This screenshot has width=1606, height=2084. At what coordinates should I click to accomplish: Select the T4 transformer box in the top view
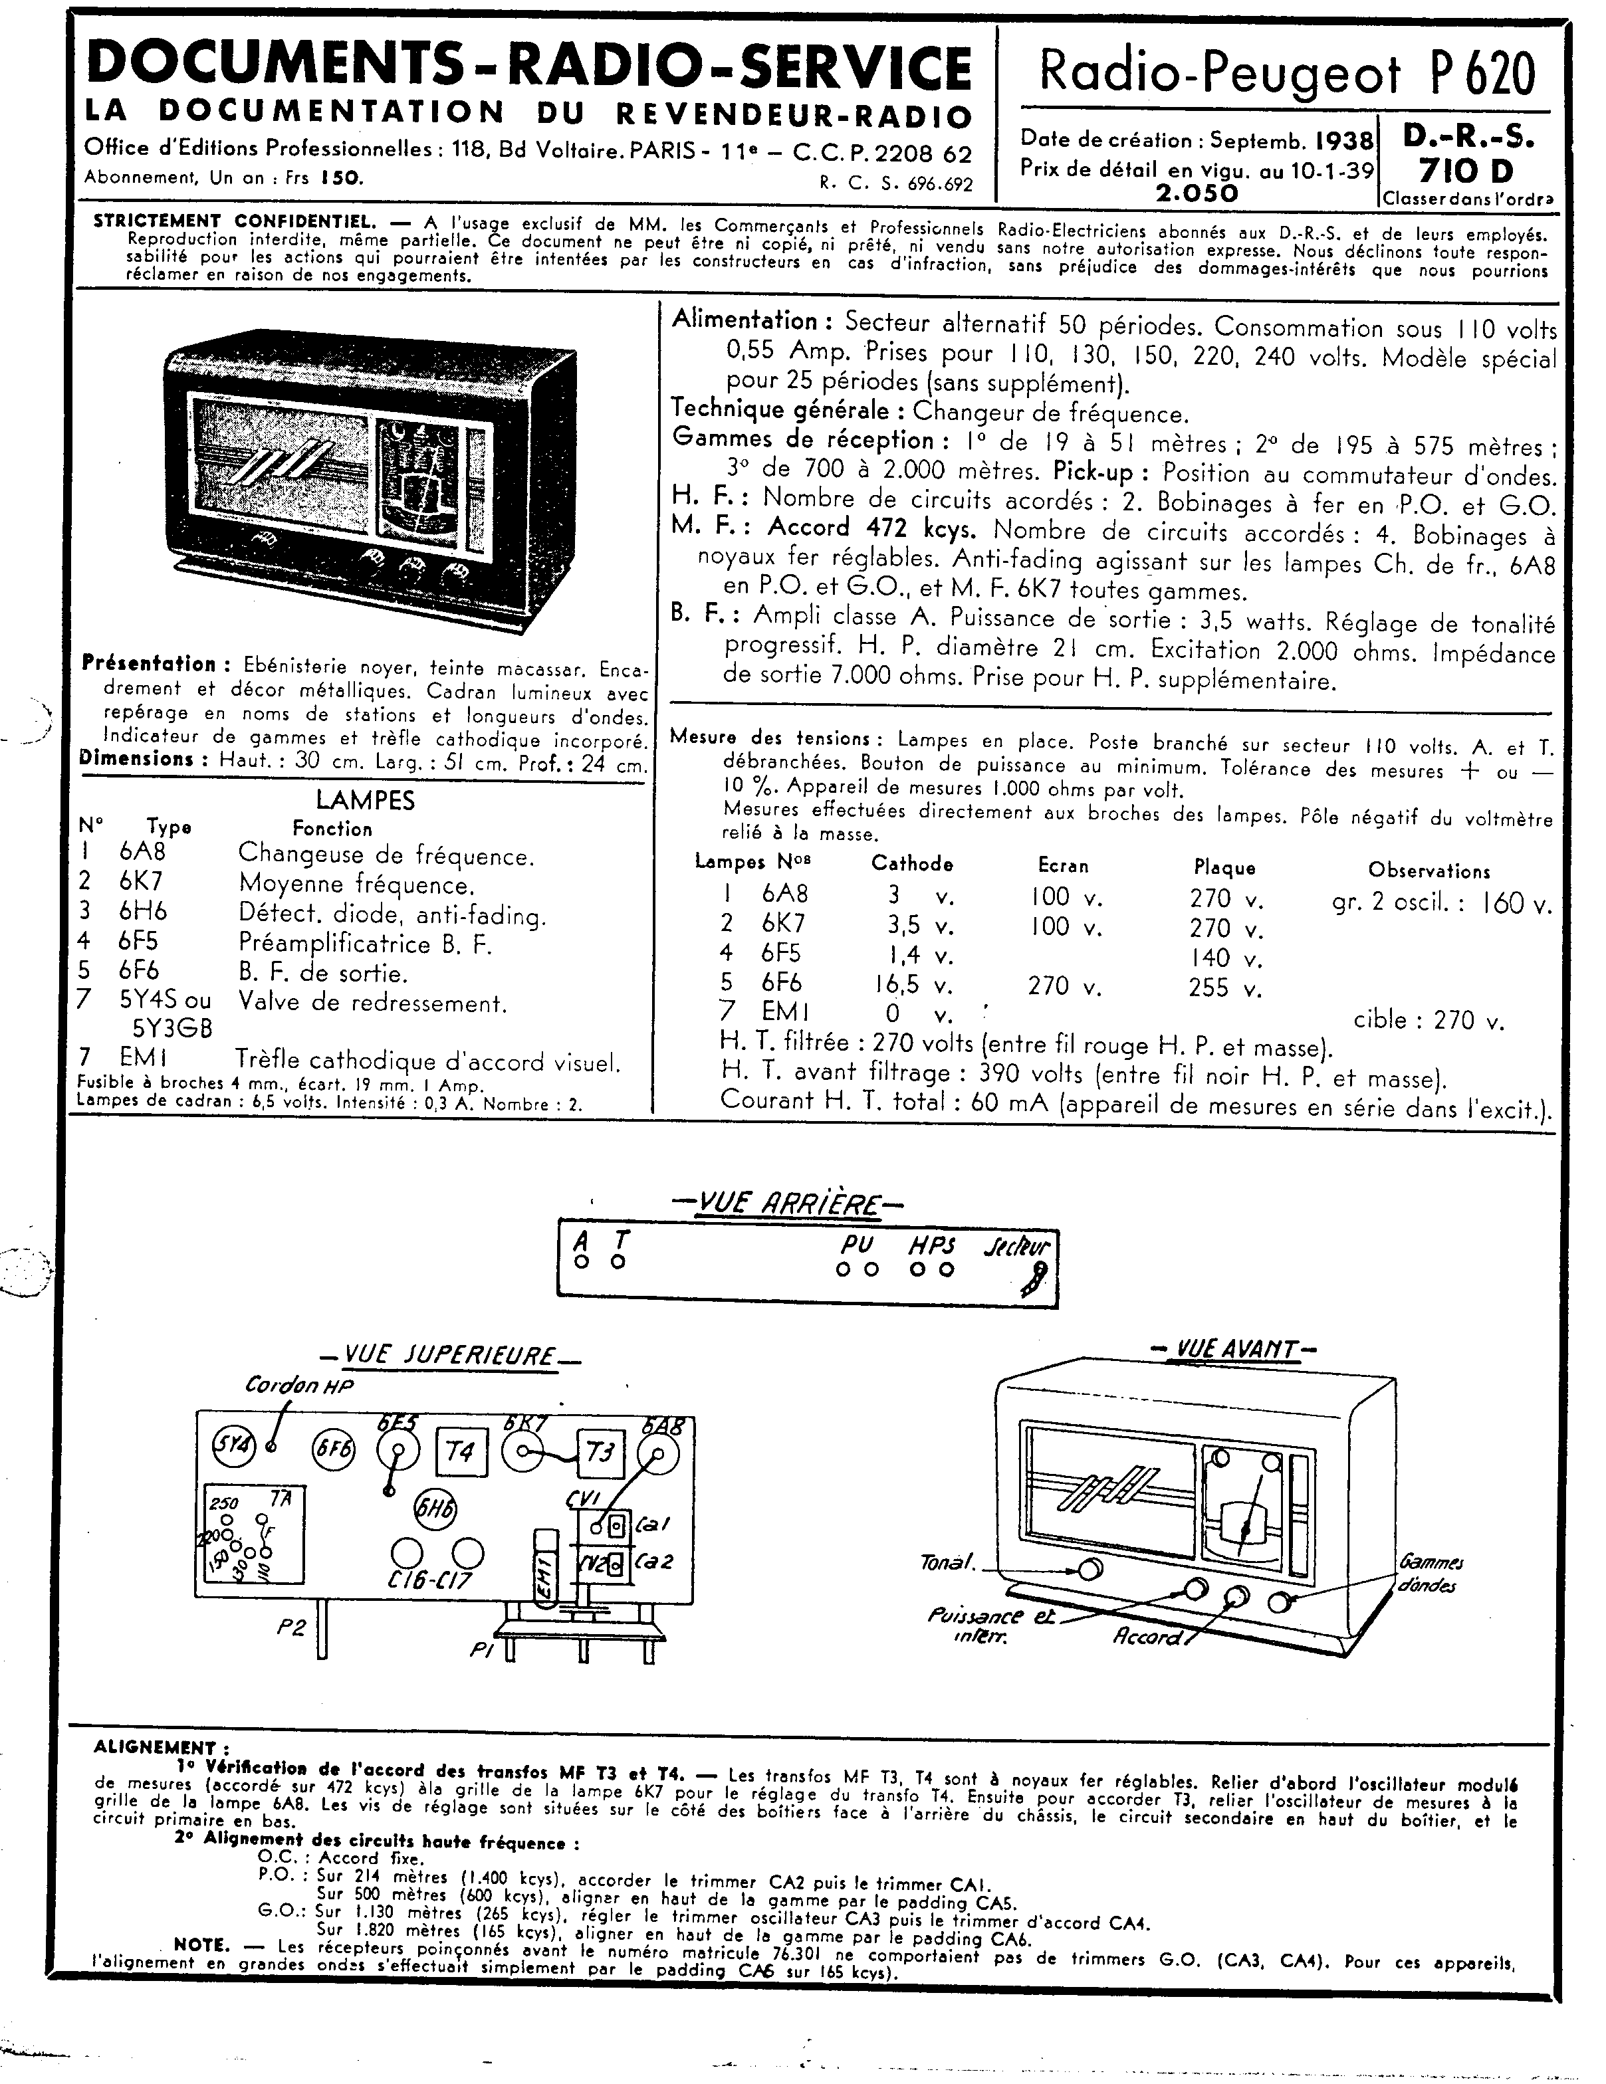point(460,1452)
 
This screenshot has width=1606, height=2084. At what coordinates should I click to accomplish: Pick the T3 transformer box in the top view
point(600,1452)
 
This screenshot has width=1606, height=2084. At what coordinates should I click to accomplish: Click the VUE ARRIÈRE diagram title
point(788,1204)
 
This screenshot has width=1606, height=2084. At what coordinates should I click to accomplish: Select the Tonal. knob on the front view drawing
point(1090,1569)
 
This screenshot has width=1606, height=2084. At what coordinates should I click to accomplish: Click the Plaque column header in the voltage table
point(1224,867)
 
